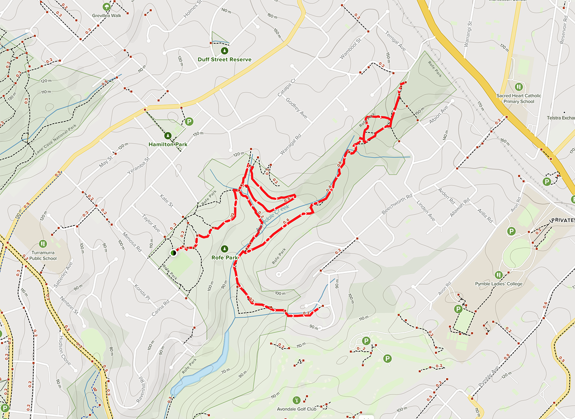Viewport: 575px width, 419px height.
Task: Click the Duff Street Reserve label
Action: [225, 60]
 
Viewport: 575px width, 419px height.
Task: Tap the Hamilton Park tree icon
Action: [168, 135]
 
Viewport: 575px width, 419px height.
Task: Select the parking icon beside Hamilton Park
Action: [189, 122]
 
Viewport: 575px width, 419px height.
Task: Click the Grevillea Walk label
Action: [107, 16]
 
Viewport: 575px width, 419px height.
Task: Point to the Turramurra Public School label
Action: [43, 255]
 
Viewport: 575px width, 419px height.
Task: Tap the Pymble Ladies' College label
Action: [499, 284]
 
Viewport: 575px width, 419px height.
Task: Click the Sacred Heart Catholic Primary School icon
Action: [519, 87]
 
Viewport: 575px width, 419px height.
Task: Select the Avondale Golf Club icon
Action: [297, 400]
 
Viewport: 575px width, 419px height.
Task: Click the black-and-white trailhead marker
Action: [173, 253]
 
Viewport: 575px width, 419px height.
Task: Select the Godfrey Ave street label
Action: [297, 108]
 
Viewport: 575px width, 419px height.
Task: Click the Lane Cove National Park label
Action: [56, 139]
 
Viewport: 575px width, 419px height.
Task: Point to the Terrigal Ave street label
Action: [396, 41]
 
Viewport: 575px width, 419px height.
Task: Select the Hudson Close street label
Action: [65, 350]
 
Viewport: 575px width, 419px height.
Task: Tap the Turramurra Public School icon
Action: [43, 244]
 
